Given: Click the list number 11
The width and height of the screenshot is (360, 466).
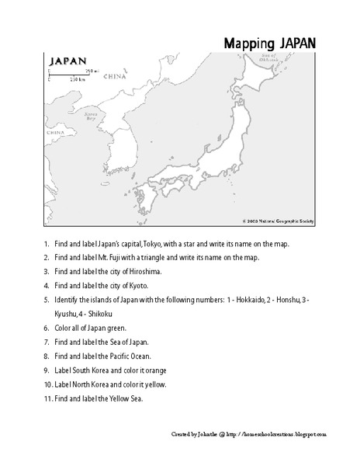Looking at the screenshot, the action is tap(47, 398).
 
